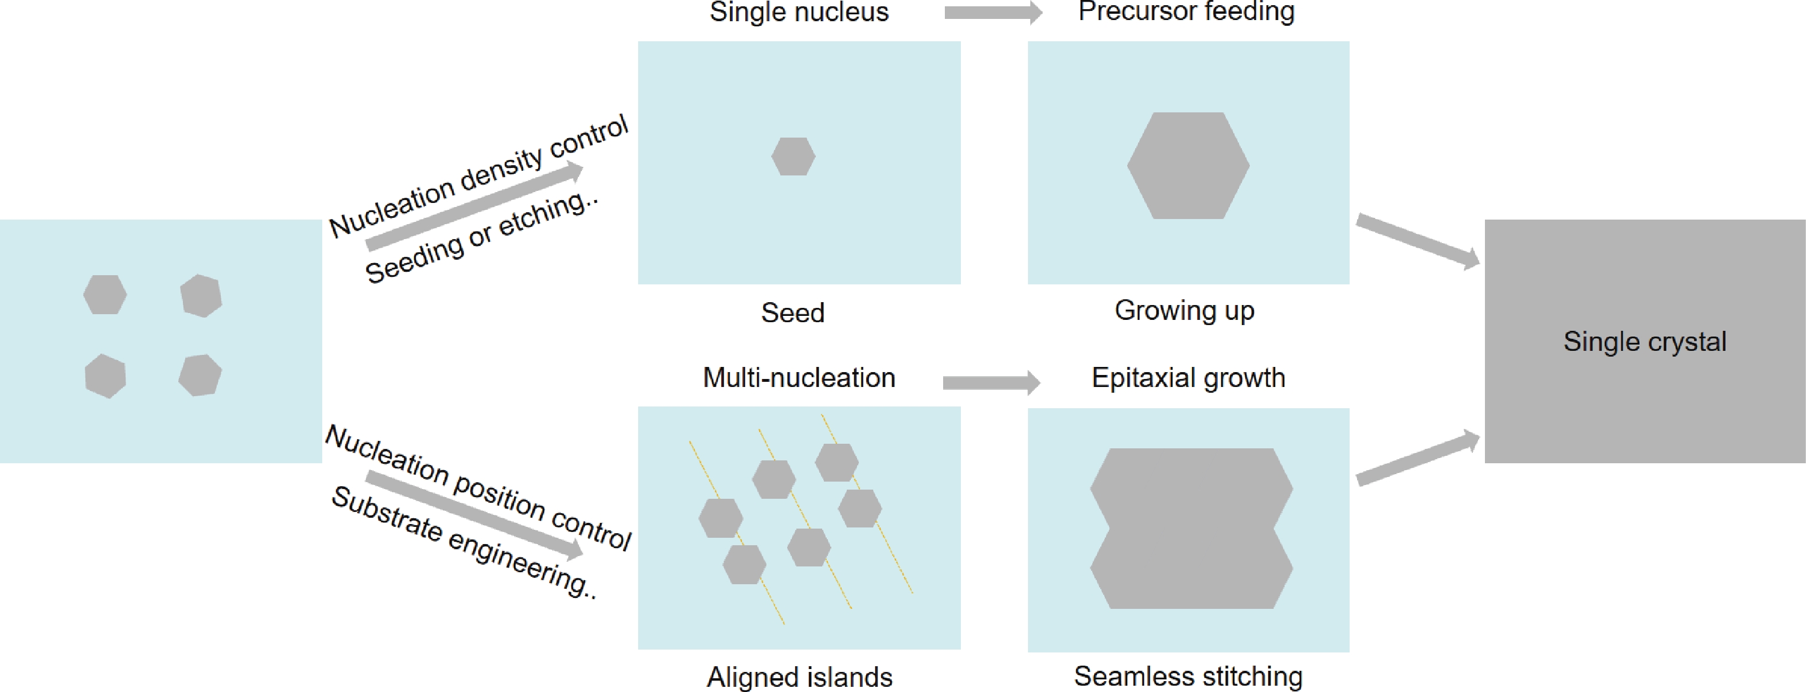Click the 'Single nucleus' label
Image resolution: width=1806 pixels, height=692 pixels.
click(799, 13)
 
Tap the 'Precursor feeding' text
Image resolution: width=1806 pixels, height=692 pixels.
click(1186, 12)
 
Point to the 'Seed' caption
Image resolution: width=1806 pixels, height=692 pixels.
click(792, 312)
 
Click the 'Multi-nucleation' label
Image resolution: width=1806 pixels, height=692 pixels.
click(799, 378)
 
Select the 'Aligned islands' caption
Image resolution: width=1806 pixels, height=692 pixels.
click(799, 677)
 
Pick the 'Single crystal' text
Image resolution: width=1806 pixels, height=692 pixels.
click(1644, 342)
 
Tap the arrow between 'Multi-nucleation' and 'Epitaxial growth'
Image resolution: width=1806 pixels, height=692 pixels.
click(991, 382)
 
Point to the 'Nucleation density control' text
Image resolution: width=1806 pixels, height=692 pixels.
click(479, 176)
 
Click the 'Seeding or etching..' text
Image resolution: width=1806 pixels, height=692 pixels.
click(482, 237)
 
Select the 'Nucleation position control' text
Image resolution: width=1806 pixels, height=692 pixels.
click(478, 487)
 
